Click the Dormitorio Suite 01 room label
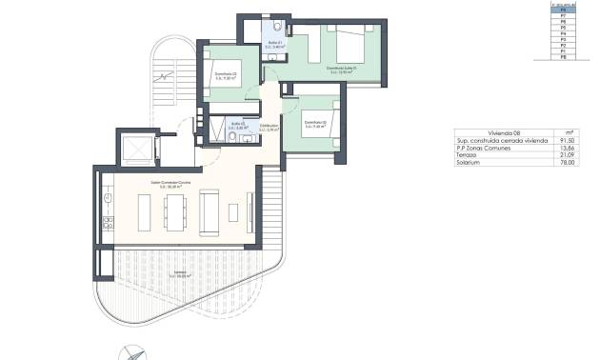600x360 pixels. (x=341, y=70)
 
